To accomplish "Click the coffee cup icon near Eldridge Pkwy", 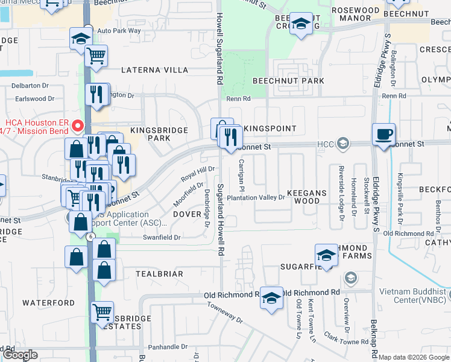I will tap(383, 134).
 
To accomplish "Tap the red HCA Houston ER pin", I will tap(77, 126).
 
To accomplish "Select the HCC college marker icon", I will tap(343, 143).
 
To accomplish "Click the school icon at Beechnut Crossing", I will tap(301, 24).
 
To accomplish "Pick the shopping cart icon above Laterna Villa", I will tap(96, 56).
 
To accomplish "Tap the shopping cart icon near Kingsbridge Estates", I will tap(102, 313).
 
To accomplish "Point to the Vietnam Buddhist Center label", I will tap(414, 296).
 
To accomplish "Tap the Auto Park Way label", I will tap(119, 30).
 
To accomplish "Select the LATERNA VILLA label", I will tap(155, 70).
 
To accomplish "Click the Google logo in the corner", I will tap(20, 355).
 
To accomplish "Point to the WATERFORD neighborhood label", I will tap(49, 302).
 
